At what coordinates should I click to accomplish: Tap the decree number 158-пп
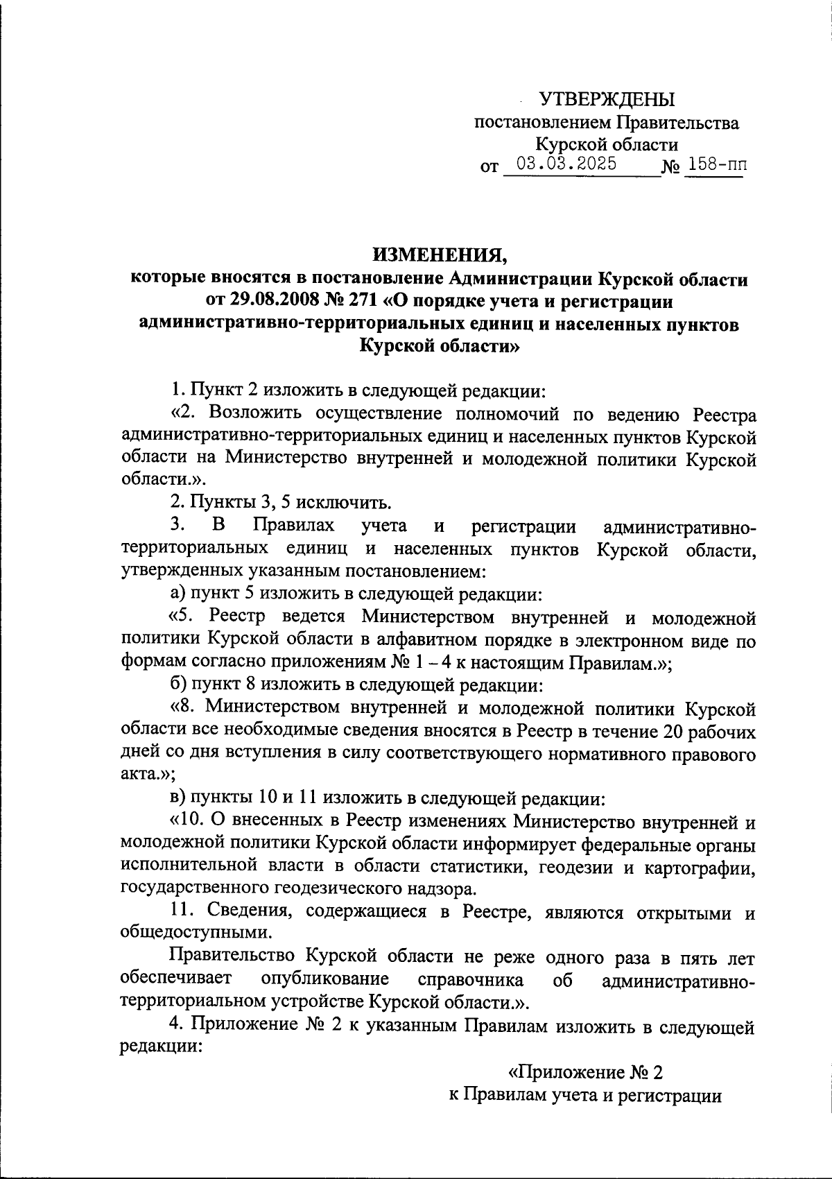(713, 165)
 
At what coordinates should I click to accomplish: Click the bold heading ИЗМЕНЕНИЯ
(441, 255)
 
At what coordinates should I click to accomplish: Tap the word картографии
(693, 867)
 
